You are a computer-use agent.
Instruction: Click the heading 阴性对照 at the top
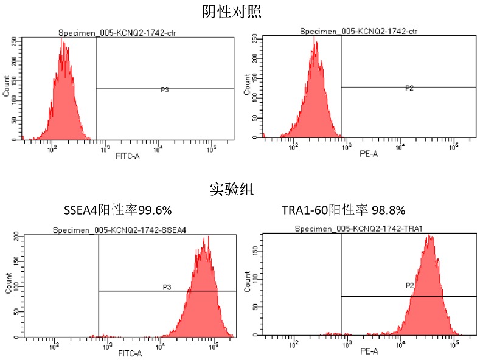pyautogui.click(x=234, y=11)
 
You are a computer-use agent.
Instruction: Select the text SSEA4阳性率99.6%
pyautogui.click(x=117, y=210)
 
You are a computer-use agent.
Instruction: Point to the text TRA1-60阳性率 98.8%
pyautogui.click(x=344, y=210)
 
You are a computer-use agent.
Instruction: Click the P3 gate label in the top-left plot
pyautogui.click(x=165, y=89)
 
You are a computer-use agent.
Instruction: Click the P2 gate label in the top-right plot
pyautogui.click(x=409, y=88)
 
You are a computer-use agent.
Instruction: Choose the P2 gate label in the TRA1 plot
pyautogui.click(x=410, y=285)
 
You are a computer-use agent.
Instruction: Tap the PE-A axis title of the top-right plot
pyautogui.click(x=369, y=154)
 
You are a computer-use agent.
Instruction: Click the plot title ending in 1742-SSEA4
pyautogui.click(x=129, y=230)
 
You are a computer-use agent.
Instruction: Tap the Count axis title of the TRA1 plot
pyautogui.click(x=247, y=285)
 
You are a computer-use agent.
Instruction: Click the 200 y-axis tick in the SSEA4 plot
pyautogui.click(x=16, y=236)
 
